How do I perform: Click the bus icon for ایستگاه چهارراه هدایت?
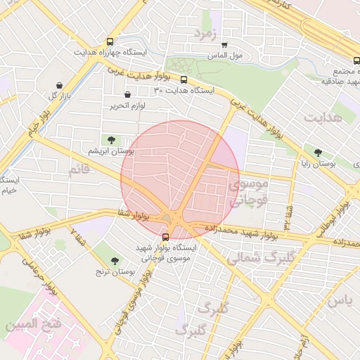click(109, 41)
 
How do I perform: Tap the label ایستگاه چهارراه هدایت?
click(109, 53)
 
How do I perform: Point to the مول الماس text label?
click(226, 55)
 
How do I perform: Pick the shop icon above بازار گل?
click(58, 85)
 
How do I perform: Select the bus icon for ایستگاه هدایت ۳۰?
click(184, 80)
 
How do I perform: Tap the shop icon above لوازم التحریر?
click(127, 95)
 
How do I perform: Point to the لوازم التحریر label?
click(127, 105)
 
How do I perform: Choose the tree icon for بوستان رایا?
click(319, 152)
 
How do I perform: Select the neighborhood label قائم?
click(79, 169)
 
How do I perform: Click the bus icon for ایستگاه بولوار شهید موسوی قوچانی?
click(165, 236)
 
